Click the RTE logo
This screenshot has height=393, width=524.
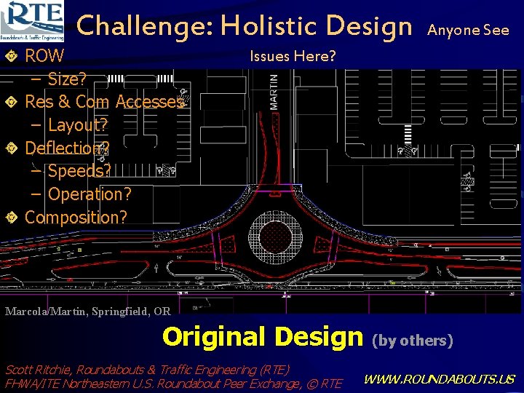click(33, 20)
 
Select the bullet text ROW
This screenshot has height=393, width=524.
click(45, 56)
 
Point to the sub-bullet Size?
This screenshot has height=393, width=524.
click(68, 79)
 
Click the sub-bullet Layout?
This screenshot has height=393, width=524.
click(78, 125)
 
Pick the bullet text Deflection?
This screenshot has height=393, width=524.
click(68, 148)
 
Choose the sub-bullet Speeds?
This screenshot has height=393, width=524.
click(79, 171)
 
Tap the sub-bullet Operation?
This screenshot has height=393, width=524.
click(90, 194)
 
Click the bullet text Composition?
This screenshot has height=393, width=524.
click(76, 218)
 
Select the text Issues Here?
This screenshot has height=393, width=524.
click(293, 56)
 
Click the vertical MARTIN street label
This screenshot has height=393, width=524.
click(274, 91)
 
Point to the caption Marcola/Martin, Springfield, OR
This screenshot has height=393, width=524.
click(88, 311)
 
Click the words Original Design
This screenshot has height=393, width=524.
click(262, 337)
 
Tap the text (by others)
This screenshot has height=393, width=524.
click(413, 340)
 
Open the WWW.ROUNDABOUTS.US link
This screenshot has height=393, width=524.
click(439, 379)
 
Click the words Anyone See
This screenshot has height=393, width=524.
click(468, 31)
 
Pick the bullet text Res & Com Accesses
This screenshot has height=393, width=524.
click(105, 102)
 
